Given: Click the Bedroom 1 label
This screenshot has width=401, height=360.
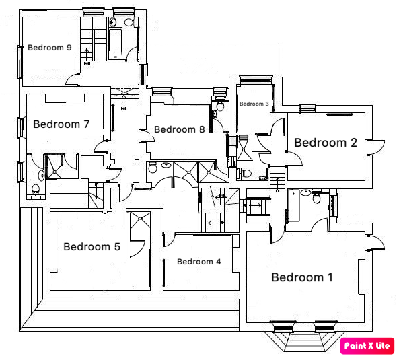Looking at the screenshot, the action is click(302, 277).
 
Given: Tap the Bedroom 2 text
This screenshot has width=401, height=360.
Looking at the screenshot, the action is click(326, 143).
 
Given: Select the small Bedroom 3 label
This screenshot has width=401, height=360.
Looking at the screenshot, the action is click(254, 104).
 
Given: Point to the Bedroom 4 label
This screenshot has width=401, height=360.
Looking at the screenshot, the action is click(198, 262).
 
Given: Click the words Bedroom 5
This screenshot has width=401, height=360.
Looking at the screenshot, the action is click(92, 247).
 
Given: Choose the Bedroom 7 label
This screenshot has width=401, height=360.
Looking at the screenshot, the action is click(61, 124).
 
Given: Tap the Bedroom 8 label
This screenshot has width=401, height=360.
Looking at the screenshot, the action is click(180, 129).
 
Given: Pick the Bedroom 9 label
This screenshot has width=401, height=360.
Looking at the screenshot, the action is click(50, 48).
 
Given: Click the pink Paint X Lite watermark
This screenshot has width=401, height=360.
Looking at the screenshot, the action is click(367, 346).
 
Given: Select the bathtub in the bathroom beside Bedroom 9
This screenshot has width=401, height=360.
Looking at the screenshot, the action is click(115, 44).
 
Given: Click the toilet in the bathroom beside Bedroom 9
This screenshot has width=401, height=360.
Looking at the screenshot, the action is click(129, 22).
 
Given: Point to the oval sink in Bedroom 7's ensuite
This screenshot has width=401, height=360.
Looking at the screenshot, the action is click(41, 176).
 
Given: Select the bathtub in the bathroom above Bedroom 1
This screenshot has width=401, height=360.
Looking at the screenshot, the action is click(293, 205).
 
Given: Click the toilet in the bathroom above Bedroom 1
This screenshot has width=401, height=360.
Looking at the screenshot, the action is click(317, 196).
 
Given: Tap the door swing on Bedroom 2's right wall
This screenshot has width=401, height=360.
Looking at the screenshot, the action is click(377, 147).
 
